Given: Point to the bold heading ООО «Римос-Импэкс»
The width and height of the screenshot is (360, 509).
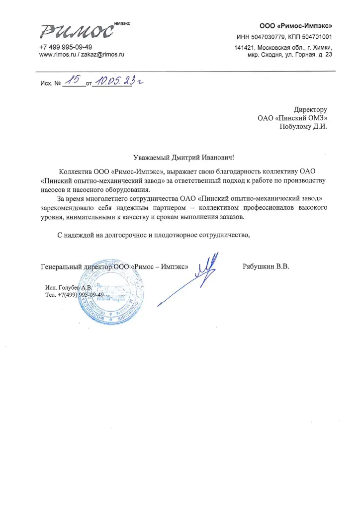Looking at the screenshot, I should pyautogui.click(x=296, y=25).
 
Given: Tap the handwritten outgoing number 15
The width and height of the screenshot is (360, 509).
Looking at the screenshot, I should pyautogui.click(x=73, y=82).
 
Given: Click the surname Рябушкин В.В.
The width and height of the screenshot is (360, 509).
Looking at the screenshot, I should pyautogui.click(x=266, y=266).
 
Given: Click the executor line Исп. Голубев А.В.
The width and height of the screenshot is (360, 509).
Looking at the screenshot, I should pyautogui.click(x=69, y=287).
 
